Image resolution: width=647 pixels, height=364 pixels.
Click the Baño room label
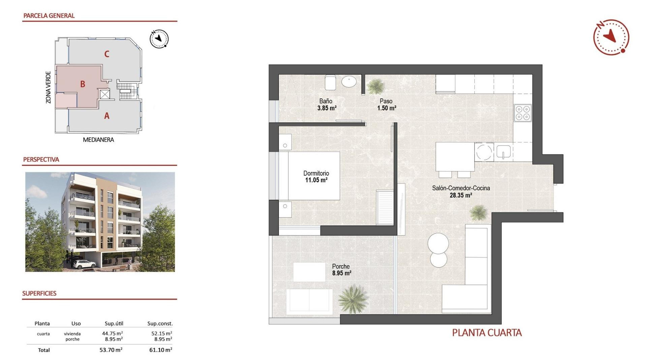[x=326, y=101]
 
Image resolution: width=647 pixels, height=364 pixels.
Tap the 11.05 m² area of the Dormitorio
[x=316, y=180]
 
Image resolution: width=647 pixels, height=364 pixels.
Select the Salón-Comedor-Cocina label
[x=461, y=188]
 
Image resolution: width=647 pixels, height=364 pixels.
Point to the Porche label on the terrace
[x=341, y=266]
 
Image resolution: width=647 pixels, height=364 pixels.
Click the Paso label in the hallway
[x=386, y=101]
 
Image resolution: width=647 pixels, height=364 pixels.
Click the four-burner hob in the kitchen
[x=523, y=113]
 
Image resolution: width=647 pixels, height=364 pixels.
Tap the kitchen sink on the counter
[x=503, y=152]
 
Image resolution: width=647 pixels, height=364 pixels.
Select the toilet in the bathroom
[x=330, y=82]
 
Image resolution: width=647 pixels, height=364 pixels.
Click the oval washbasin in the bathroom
[x=349, y=82]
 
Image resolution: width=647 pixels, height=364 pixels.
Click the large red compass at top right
[x=611, y=37]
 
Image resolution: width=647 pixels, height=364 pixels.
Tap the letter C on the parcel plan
[x=106, y=54]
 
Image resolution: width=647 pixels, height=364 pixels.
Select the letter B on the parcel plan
[x=83, y=84]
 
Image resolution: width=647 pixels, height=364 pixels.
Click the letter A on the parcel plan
[x=106, y=116]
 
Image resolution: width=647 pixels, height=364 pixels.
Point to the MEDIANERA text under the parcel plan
[x=98, y=140]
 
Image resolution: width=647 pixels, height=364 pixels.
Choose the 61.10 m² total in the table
[x=160, y=350]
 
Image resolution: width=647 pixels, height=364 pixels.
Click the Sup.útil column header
[x=114, y=324]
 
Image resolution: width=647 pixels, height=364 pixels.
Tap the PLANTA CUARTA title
[x=487, y=333]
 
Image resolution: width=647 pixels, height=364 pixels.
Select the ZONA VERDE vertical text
[x=49, y=87]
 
